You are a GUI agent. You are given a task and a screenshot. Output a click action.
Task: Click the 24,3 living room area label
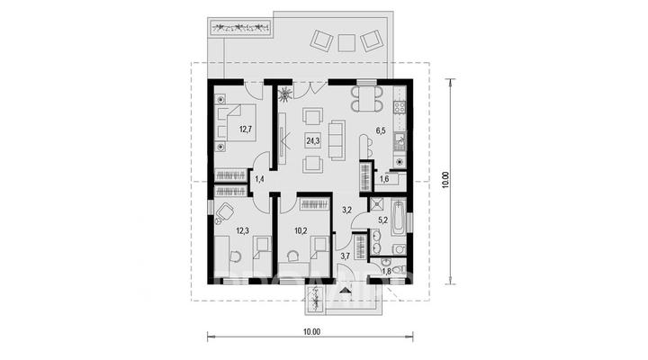click(x=312, y=141)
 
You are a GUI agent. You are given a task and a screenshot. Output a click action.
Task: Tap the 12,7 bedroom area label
click(x=246, y=129)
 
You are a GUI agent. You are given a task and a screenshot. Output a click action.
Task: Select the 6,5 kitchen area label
click(x=381, y=131)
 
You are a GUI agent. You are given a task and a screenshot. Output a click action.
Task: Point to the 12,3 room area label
click(x=242, y=230)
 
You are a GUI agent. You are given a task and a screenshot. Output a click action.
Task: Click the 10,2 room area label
click(x=301, y=230)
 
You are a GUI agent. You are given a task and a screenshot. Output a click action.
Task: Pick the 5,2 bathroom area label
click(x=383, y=220)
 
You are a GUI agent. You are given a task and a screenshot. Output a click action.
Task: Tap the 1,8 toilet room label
click(x=386, y=272)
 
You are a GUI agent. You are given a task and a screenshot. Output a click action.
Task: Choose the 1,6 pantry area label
click(x=384, y=178)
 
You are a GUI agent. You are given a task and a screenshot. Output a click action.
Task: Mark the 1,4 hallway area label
click(x=259, y=179)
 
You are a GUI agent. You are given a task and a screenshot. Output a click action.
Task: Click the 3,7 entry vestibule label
click(x=345, y=256)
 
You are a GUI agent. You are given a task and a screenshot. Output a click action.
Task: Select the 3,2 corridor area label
click(x=346, y=210)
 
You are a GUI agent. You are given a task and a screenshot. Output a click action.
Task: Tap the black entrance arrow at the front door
click(x=344, y=291)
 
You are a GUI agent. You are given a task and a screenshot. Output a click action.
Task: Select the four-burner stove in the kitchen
click(x=400, y=107)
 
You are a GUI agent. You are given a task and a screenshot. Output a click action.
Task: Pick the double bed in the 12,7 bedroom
click(x=235, y=122)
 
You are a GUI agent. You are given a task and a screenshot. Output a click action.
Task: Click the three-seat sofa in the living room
click(x=337, y=140)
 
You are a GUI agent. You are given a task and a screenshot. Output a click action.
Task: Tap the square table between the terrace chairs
click(x=346, y=42)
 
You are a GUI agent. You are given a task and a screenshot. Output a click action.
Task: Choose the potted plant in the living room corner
click(x=284, y=94)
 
